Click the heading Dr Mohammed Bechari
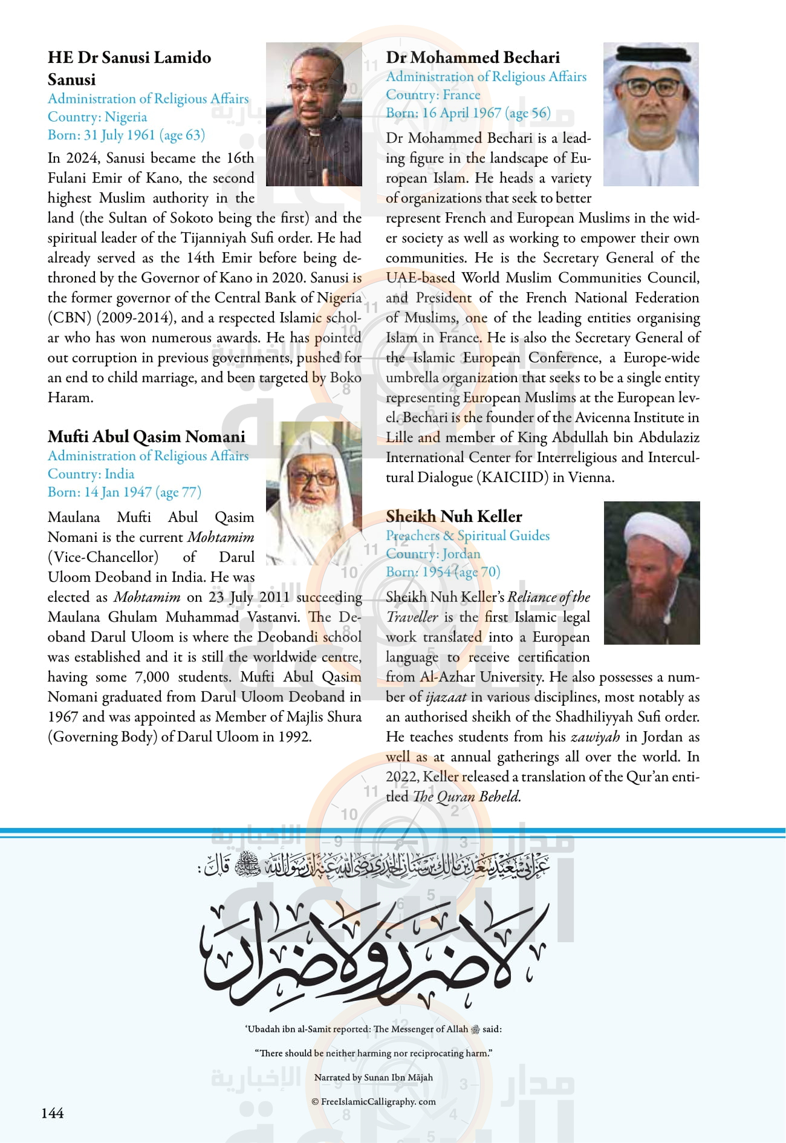pos(473,57)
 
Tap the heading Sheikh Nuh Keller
pos(454,516)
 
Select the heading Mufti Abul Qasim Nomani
pos(146,437)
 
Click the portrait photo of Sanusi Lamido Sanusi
pos(314,114)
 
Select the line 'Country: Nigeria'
pos(97,117)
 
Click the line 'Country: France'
pos(433,95)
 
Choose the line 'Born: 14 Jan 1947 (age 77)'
pos(125,492)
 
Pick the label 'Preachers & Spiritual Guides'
pos(468,536)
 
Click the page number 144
pos(53,1113)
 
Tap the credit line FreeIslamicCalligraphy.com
pos(374,1101)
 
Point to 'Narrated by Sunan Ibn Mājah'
pos(374,1077)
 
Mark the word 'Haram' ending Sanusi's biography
pos(70,398)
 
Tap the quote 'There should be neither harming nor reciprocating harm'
pos(374,1053)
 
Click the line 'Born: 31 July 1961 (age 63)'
pos(126,135)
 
